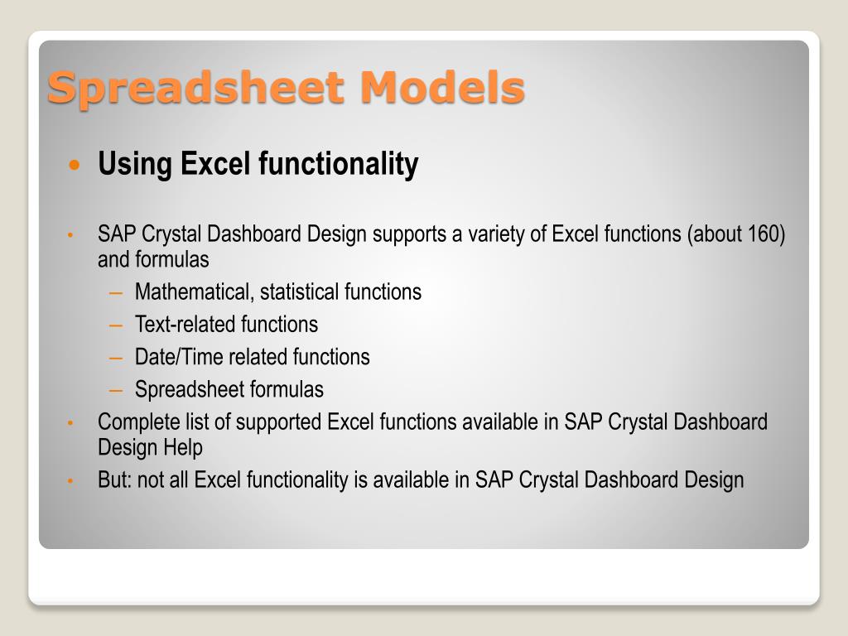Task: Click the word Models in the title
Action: (442, 87)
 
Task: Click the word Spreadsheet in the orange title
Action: (195, 88)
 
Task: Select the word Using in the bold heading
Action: (135, 165)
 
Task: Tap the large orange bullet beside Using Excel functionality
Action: (75, 164)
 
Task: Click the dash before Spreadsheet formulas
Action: (116, 390)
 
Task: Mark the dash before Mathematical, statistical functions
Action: (116, 292)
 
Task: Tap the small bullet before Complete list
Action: (70, 422)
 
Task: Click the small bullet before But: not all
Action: (70, 480)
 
